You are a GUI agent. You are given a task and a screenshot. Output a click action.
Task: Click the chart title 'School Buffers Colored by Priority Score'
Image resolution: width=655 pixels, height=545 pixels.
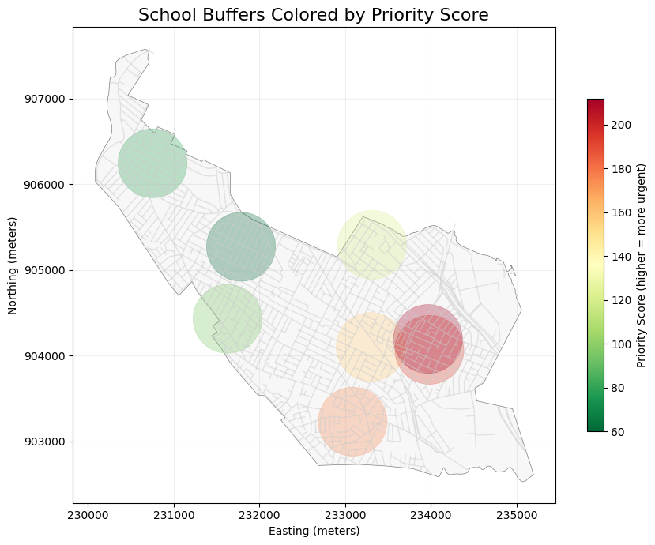(x=314, y=14)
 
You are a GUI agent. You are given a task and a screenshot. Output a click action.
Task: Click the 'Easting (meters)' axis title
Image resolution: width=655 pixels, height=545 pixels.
(x=314, y=531)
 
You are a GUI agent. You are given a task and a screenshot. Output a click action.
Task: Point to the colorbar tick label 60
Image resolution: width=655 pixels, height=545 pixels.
(x=616, y=431)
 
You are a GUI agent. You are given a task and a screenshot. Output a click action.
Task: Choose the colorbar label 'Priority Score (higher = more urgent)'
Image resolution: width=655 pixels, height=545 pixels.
(x=642, y=265)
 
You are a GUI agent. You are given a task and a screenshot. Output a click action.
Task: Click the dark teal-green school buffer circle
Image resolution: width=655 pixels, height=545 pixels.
(x=241, y=246)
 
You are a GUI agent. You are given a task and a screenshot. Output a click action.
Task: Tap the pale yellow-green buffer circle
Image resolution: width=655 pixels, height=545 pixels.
(x=372, y=245)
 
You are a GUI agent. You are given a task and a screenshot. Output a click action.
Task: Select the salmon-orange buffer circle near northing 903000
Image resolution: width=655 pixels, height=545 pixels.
(x=352, y=422)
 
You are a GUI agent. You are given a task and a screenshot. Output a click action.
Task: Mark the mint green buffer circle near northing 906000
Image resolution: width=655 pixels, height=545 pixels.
(x=152, y=163)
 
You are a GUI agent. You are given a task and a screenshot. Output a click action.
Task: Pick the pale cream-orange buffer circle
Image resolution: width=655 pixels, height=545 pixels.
(x=370, y=347)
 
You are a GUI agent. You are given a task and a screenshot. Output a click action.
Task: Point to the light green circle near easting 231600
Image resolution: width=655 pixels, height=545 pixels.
(x=227, y=319)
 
